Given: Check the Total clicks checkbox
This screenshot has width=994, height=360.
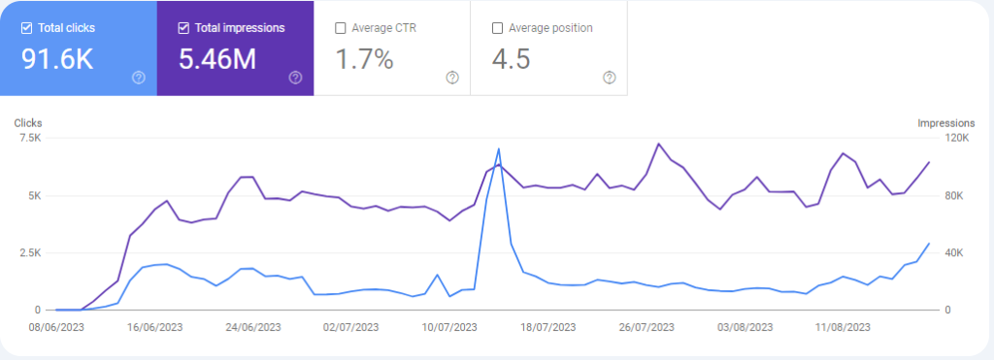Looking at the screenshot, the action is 26,28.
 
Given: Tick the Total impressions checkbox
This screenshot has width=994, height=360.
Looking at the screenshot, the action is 183,28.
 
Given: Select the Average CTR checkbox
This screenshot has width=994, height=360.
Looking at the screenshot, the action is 341,28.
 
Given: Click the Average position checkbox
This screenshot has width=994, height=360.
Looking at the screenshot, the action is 498,28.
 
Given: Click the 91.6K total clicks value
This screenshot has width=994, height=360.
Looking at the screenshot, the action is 57,59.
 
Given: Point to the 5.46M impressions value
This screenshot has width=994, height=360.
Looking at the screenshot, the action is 217,59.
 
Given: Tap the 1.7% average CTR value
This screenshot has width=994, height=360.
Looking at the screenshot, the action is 365,59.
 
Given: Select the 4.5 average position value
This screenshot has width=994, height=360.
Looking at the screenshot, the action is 511,59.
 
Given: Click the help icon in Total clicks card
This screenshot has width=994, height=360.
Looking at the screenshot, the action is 139,78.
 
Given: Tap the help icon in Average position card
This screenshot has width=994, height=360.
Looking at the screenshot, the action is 610,78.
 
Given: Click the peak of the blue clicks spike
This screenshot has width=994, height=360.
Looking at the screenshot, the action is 499,148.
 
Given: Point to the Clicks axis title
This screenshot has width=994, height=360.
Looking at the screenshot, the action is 28,123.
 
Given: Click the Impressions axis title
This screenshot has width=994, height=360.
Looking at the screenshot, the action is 945,123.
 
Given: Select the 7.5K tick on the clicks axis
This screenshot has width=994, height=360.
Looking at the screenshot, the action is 30,138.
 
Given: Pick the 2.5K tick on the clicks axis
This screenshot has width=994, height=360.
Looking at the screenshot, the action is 30,253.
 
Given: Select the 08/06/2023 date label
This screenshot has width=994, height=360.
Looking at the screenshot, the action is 56,328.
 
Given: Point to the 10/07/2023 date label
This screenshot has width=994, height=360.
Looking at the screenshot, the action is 448,328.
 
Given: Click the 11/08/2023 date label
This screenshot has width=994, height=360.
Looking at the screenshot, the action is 843,328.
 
